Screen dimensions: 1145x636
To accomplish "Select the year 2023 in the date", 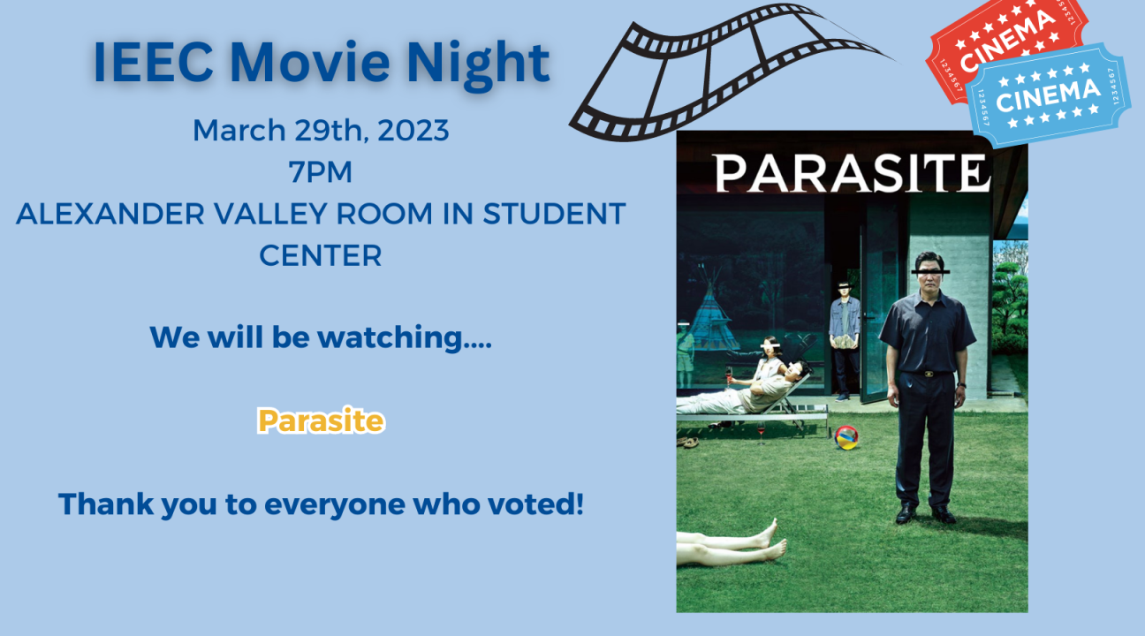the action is (413, 131).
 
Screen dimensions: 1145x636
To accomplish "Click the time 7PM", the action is (321, 171).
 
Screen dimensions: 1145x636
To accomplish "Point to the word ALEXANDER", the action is (110, 214).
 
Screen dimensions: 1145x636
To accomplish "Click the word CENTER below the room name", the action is (321, 255).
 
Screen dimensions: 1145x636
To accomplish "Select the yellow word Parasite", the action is (321, 420).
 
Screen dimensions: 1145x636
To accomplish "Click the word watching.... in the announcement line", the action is (405, 338).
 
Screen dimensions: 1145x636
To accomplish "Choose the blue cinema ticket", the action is (1048, 95).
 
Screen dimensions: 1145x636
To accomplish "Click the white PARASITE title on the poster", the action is (852, 174).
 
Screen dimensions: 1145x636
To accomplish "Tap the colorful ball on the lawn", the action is (846, 437).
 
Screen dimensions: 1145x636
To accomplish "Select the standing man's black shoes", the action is (925, 514).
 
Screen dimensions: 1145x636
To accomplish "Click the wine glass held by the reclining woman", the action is (728, 375).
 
